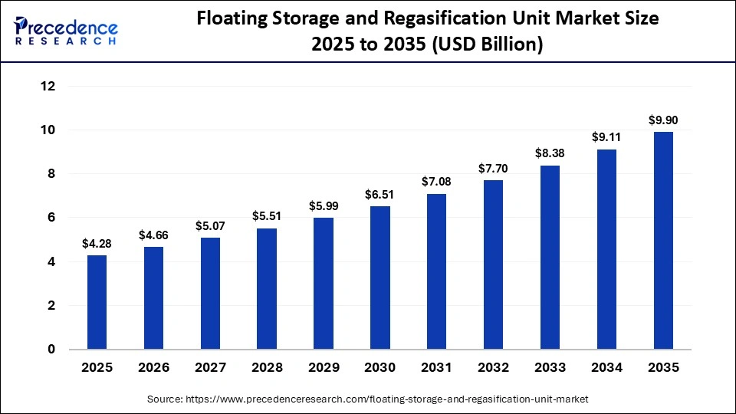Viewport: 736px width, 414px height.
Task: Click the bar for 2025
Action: (x=97, y=302)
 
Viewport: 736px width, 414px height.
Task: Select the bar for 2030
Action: (x=379, y=278)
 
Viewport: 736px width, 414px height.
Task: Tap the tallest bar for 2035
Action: (x=663, y=241)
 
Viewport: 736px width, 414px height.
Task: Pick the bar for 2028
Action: (x=266, y=288)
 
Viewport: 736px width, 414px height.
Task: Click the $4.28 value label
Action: (x=97, y=244)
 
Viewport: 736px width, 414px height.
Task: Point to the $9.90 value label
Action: (x=663, y=120)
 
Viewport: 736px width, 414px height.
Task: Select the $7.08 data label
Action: (x=436, y=182)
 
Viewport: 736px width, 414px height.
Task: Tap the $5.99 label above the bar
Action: (x=323, y=206)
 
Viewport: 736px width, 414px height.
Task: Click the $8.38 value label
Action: (x=550, y=154)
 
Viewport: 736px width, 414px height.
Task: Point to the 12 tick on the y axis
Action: (x=48, y=87)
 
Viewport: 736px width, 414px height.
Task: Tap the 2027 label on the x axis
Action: (x=209, y=368)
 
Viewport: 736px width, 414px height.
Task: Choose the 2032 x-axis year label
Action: (x=493, y=368)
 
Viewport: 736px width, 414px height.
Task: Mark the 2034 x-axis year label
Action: (x=606, y=368)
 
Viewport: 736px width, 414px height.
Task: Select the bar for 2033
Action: (x=550, y=258)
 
